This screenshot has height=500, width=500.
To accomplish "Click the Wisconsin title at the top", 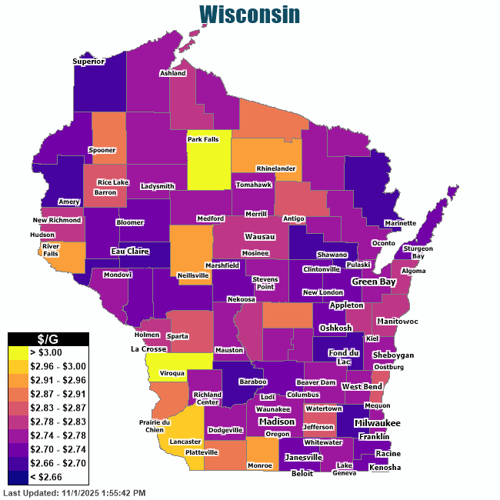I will click(249, 15).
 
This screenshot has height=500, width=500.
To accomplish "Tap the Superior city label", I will click(88, 62).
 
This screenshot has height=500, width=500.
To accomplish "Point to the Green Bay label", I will click(373, 282).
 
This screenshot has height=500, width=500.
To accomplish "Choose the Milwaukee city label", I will click(378, 423).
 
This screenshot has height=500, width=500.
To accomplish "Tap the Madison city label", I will click(276, 422).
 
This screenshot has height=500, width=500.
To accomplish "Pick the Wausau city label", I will click(260, 237).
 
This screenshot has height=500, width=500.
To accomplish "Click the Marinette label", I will click(400, 223).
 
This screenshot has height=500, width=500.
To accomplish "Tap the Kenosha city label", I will click(385, 468).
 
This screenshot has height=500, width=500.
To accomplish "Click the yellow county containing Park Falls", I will click(208, 165).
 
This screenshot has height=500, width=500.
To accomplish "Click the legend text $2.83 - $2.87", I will click(58, 408).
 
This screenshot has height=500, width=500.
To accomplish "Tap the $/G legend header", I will click(48, 338).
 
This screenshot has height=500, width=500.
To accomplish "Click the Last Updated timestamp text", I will click(75, 492).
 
